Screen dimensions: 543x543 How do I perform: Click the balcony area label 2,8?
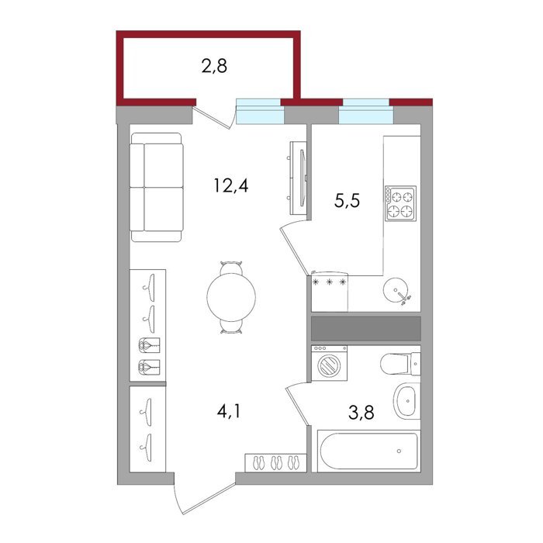tap(214, 66)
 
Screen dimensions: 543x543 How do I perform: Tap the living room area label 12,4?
tap(231, 185)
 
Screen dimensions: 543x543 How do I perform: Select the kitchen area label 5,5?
tap(347, 200)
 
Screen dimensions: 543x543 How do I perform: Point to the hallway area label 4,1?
tap(229, 411)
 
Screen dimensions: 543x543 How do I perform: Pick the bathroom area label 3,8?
tap(361, 413)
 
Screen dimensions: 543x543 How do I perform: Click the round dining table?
tap(231, 297)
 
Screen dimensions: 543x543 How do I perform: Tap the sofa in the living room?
tap(157, 187)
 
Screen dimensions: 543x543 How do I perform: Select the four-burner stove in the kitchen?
tap(401, 203)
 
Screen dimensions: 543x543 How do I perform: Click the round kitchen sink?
tap(396, 289)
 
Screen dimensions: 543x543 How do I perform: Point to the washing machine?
tap(330, 363)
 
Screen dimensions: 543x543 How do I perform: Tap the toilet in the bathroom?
tap(400, 364)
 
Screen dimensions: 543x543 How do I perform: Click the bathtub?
tap(369, 451)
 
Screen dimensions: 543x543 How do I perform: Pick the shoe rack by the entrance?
tap(275, 462)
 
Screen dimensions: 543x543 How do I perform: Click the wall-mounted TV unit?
tap(299, 178)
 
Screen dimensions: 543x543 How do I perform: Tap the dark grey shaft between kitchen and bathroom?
tap(366, 328)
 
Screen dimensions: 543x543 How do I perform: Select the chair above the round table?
tap(231, 268)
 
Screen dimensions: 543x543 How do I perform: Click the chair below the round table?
tap(231, 327)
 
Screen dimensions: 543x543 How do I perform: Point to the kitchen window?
tap(365, 112)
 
